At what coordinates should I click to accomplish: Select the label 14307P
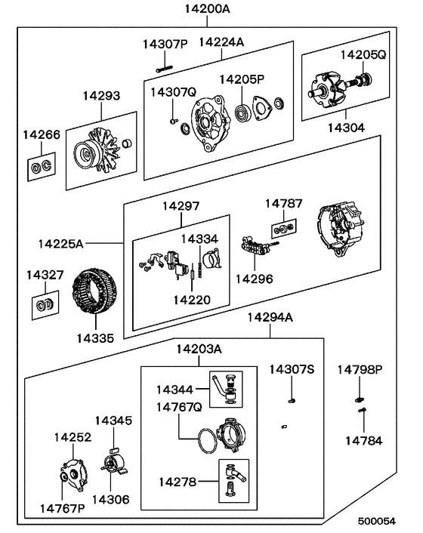[165, 44]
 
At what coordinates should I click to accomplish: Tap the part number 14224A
[221, 42]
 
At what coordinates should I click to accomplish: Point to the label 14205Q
[363, 54]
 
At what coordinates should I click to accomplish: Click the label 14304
[346, 128]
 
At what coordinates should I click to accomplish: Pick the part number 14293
[103, 97]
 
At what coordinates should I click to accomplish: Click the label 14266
[40, 134]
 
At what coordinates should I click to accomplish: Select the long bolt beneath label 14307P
[171, 69]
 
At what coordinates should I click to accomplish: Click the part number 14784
[363, 439]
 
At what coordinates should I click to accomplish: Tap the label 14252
[72, 436]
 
